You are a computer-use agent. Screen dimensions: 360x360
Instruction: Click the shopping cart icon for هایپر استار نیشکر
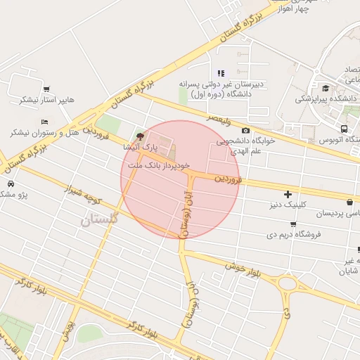46,89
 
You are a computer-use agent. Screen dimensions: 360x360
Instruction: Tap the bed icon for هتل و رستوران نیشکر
44,122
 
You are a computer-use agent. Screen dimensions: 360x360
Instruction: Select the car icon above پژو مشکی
11,184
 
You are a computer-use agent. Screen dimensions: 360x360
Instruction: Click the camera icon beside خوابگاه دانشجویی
245,130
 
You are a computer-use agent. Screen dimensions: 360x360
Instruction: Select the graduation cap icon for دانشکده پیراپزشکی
325,88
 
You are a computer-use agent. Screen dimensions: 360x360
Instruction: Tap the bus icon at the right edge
344,129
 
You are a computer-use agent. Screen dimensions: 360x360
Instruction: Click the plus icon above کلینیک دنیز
287,193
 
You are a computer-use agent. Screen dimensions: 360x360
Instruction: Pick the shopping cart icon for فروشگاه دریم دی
292,224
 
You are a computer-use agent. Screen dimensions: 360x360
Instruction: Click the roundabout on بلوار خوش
287,285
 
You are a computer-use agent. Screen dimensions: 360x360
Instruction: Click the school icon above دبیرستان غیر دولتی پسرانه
221,73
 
